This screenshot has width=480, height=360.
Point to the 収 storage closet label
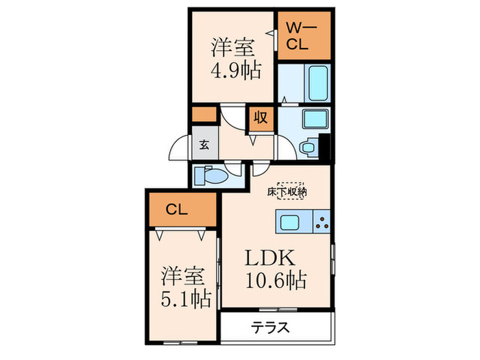(261, 117)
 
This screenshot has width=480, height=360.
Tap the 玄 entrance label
(204, 145)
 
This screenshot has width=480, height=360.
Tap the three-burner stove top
(322, 221)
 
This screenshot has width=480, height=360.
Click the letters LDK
(271, 259)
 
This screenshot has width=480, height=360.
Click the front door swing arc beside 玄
(178, 147)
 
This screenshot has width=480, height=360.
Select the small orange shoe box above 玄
(204, 115)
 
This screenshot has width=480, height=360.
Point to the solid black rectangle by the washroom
(326, 146)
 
